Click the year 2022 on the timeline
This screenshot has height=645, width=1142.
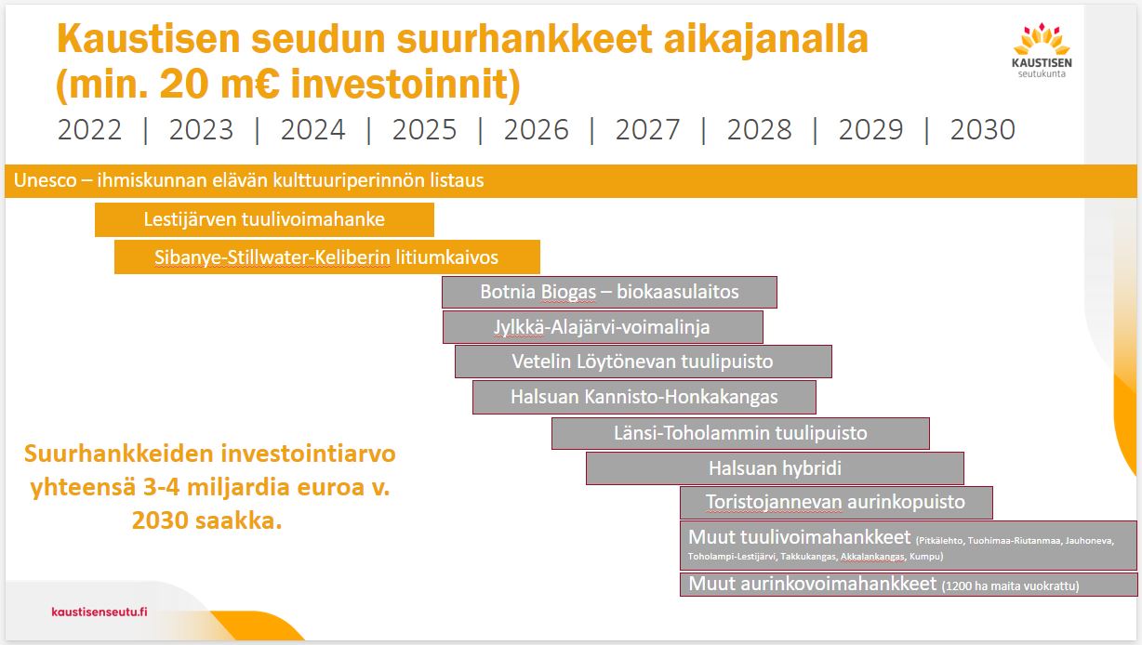coord(89,129)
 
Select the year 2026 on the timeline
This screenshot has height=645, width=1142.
coord(537,129)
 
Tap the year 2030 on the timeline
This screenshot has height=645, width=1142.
coord(983,129)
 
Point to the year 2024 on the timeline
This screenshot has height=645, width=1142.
coord(313,129)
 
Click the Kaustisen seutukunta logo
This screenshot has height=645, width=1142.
coord(1042,50)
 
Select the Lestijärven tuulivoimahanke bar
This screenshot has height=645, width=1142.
coord(264,219)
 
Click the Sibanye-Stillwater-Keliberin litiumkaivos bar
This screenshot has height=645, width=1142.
coord(326,257)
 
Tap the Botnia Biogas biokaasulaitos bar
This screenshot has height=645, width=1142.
coord(609,292)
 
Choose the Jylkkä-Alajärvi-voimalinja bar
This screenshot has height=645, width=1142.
coord(603,327)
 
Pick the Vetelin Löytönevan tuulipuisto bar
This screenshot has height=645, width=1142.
coord(643,362)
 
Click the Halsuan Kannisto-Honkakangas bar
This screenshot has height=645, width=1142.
coord(644,397)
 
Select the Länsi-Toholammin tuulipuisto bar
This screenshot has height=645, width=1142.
coord(740,433)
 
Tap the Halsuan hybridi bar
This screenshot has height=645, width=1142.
coord(775,468)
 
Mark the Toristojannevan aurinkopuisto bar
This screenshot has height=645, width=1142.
coord(836,503)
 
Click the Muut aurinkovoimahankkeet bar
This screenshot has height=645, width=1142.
coord(909,585)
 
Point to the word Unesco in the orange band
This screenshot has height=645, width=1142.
coord(45,180)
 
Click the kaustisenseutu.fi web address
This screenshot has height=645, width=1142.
coord(100,612)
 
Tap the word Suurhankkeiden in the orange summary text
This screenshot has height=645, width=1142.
coord(118,454)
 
